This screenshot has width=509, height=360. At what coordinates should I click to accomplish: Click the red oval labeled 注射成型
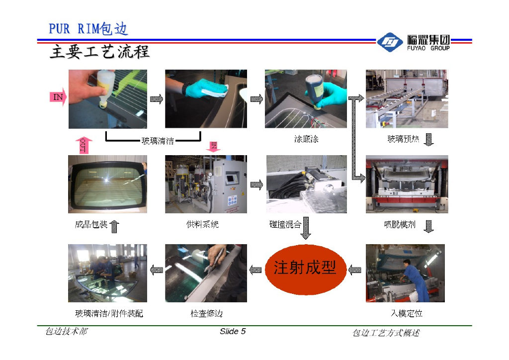[x=306, y=270]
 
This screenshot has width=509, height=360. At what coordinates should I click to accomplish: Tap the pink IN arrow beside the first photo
[x=58, y=97]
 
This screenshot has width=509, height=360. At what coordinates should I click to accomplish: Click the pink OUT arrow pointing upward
[x=84, y=145]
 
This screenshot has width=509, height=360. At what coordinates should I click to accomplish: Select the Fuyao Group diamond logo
[x=390, y=42]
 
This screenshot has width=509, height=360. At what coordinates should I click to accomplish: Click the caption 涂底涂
[x=306, y=139]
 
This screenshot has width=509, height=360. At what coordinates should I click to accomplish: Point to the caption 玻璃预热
[x=403, y=139]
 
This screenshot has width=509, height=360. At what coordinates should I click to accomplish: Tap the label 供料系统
[x=203, y=224]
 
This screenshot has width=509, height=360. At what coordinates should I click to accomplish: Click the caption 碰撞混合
[x=285, y=224]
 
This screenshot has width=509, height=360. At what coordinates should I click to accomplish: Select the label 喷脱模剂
[x=400, y=224]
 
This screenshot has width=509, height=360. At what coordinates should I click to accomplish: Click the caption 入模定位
[x=407, y=313]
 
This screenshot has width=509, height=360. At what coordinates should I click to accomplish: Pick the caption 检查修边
[x=206, y=313]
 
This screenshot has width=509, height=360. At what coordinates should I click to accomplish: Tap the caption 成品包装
[x=91, y=224]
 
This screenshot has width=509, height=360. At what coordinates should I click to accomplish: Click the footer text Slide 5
[x=233, y=331]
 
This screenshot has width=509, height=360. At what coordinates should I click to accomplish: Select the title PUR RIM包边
[x=88, y=28]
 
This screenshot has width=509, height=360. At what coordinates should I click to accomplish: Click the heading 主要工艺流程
[x=99, y=52]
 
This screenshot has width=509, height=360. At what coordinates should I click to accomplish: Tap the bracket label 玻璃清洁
[x=158, y=141]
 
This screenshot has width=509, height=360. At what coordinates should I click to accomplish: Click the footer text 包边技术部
[x=67, y=331]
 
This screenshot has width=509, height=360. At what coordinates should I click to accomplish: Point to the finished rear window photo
[x=107, y=184]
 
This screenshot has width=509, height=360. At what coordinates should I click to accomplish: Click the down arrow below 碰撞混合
[x=306, y=228]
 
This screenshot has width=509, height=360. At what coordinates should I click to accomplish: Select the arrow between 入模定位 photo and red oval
[x=354, y=270]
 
